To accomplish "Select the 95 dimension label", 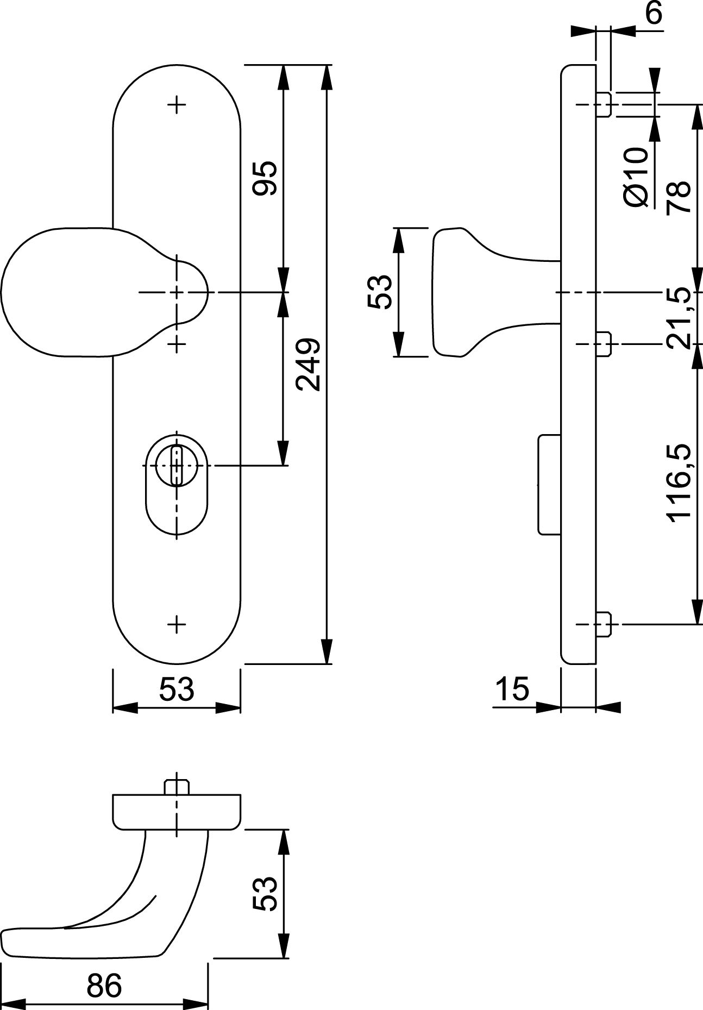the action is point(266,178).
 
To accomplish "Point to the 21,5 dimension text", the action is point(680,318).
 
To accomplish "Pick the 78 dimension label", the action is point(679,196).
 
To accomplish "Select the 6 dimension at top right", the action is point(655,13).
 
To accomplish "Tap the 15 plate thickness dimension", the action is point(512,689).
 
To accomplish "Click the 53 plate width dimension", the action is point(176,689).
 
